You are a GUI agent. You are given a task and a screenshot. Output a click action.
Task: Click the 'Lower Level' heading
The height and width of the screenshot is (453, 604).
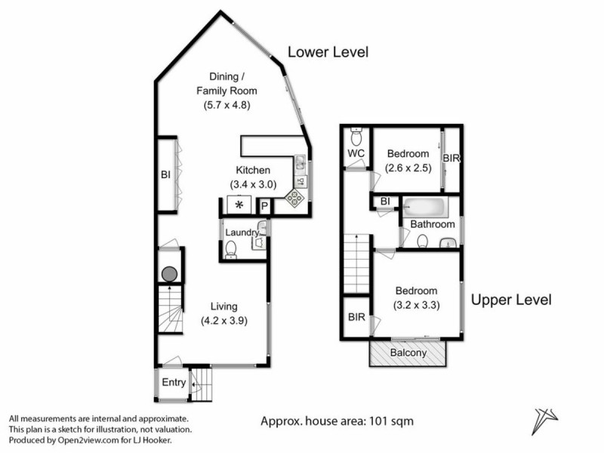coord(328,52)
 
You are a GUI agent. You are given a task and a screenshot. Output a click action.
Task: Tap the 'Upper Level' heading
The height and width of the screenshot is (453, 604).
coord(511,300)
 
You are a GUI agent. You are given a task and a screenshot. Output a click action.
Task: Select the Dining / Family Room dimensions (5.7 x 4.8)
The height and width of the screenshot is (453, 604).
coord(226,106)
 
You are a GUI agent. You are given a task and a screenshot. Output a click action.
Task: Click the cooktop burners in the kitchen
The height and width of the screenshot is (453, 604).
coord(294,199)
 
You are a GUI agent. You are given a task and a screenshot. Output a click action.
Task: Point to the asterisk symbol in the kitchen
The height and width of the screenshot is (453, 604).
coord(239,205)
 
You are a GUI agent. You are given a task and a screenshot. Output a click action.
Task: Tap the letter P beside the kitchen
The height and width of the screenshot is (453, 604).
coord(265,206)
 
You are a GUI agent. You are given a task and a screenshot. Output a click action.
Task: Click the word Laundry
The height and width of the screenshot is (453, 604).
coord(242,233)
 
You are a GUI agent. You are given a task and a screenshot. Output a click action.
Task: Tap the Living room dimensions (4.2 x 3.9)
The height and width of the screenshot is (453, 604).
coord(225,320)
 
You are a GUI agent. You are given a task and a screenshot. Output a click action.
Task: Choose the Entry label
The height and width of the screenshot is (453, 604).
coord(174,383)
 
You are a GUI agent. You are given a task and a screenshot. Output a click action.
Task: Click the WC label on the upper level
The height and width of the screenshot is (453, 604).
coord(356,154)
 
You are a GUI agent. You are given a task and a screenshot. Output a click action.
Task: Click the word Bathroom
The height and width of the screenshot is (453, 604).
coord(433,224)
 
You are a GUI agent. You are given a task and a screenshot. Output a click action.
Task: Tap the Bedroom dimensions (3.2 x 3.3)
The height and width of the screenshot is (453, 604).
coord(416,305)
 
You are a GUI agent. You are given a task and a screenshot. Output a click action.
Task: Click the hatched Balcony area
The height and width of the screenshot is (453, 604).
coord(408,353)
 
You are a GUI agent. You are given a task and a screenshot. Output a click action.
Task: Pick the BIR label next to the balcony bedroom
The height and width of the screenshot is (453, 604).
coord(356,319)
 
